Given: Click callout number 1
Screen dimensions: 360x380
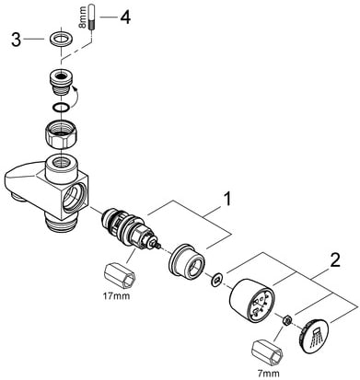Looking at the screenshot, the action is (226, 200).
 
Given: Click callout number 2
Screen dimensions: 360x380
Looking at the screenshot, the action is (334, 261).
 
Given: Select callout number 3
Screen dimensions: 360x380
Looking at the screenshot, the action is (17, 40).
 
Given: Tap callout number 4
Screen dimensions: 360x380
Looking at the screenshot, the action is (125, 17).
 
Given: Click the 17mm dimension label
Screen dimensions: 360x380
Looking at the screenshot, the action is (116, 296).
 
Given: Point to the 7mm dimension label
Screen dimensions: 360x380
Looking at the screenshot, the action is (269, 374).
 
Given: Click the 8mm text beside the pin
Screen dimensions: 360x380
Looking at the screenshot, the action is (82, 20).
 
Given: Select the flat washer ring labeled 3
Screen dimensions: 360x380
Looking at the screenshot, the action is (61, 40).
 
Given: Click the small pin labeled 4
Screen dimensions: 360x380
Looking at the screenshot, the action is (91, 17).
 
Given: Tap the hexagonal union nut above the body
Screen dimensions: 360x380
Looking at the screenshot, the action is (61, 133).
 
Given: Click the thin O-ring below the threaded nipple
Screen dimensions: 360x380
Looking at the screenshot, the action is (61, 107).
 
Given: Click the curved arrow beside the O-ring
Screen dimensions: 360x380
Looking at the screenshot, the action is (75, 98).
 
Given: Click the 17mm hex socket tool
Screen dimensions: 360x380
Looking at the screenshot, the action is (120, 275).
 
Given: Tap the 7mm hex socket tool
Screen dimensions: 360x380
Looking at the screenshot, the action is (266, 352).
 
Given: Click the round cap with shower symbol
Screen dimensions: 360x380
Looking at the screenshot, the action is (313, 337).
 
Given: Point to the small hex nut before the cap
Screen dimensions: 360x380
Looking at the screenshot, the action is (286, 320).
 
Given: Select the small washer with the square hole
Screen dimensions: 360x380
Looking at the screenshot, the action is (217, 280).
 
